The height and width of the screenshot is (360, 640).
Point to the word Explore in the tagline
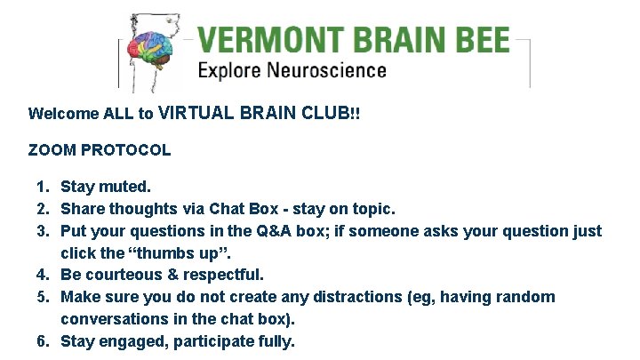tap(228, 71)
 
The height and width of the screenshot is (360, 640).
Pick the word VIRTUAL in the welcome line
tap(196, 114)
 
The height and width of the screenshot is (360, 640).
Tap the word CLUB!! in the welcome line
tap(332, 114)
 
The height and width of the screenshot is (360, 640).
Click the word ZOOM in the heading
tap(50, 150)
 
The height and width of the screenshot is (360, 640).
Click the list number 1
tap(41, 188)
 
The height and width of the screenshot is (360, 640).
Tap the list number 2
tap(41, 210)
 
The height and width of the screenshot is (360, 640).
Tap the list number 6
tap(41, 341)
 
